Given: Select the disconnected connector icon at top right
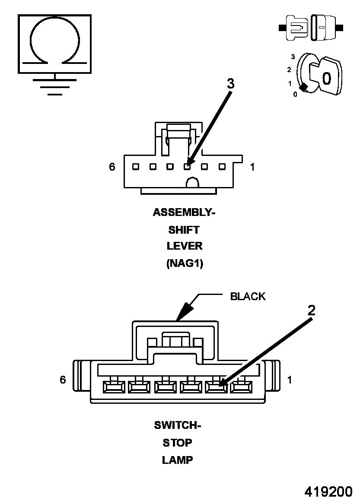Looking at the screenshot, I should coord(311,28).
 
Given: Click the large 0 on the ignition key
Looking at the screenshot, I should coord(327,78).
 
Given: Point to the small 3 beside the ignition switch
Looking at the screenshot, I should coord(293,57).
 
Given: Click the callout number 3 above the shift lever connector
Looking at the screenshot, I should coord(231,84).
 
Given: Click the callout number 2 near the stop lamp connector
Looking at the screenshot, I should coord(311,310).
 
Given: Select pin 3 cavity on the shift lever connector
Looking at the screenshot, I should coord(187,167).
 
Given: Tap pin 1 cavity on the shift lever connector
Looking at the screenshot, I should coord(222,167).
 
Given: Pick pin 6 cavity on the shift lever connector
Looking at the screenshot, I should coord(135,167).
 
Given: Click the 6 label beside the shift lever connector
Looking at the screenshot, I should coord(112,167).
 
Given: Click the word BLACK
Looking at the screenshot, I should coord(248,296).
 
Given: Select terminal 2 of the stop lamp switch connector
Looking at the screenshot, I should coord(217,386).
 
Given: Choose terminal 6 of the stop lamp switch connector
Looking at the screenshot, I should coord(114,386).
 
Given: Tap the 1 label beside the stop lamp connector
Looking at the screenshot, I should coord(290,380).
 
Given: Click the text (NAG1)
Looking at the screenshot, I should coord(185,263).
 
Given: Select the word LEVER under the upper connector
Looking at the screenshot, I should coord(185,246).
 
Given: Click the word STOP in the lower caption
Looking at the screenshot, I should coord(178,443).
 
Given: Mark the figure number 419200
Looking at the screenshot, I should coord(328,492).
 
